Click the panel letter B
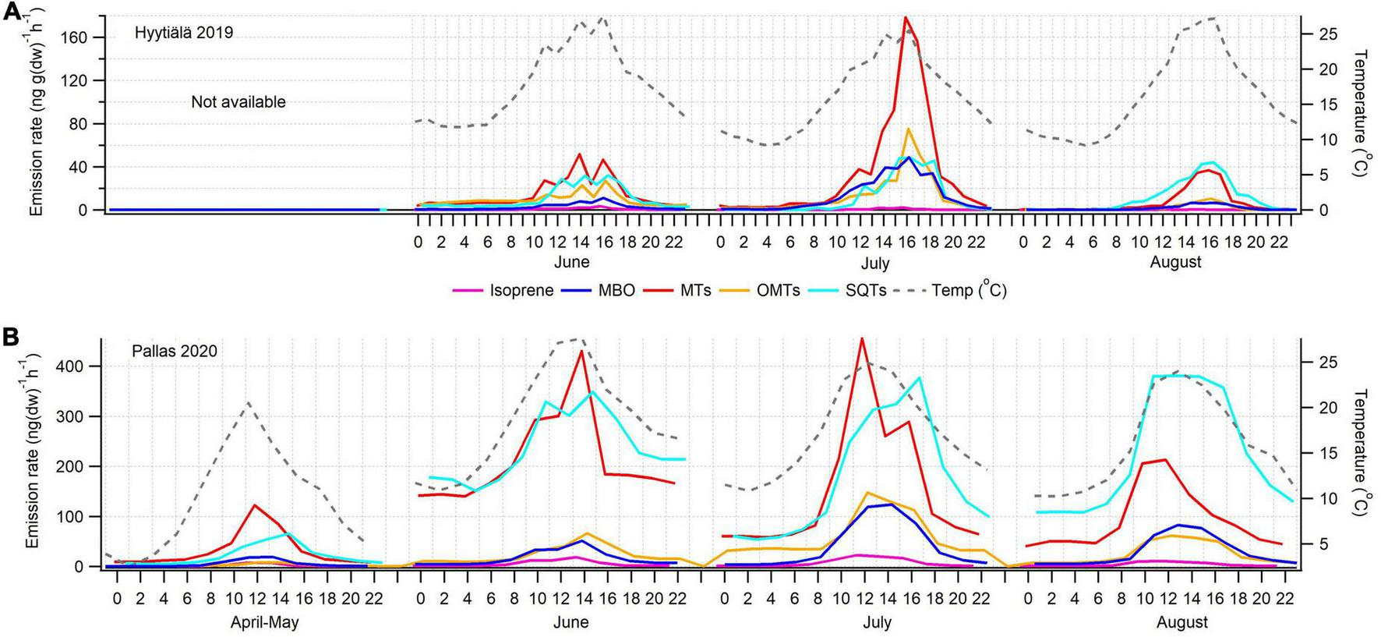point(11,337)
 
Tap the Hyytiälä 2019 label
point(184,33)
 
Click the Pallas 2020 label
point(174,351)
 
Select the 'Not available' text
point(238,101)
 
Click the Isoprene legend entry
point(521,291)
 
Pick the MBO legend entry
point(616,291)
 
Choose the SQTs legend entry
point(865,291)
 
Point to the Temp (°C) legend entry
point(969,291)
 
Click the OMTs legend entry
point(777,291)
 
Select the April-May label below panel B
point(264,622)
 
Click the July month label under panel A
point(874,262)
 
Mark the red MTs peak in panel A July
point(905,17)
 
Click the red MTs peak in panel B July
point(861,338)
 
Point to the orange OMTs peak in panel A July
point(908,129)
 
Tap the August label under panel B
point(1182,622)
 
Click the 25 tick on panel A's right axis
point(1326,34)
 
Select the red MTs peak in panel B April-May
point(255,505)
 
